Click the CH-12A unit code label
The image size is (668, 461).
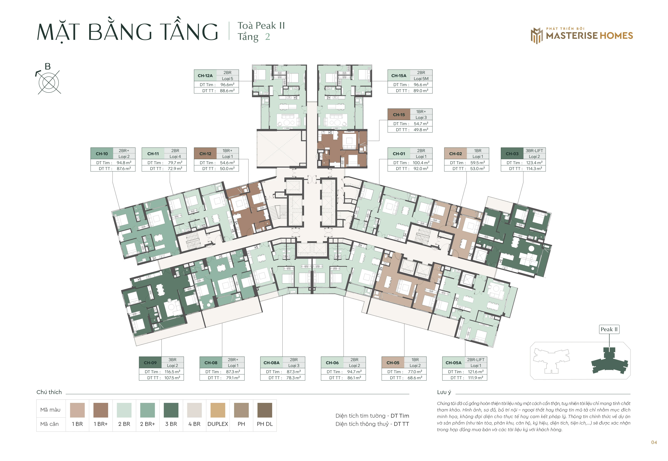205,76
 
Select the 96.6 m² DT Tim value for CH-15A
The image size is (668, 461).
421,85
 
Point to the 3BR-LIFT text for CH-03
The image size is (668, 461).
534,150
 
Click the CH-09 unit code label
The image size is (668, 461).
150,363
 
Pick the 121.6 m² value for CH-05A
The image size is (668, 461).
476,372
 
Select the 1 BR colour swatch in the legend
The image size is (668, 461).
77,410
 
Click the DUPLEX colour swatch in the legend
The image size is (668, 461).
218,410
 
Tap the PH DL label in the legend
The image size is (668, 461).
265,424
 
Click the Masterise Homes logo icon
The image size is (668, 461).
537,36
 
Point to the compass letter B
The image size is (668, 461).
48,66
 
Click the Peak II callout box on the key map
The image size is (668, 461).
609,329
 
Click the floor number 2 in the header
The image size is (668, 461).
268,37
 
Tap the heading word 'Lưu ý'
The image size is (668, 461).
444,392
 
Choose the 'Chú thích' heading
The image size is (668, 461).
49,392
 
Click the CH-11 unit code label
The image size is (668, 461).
153,154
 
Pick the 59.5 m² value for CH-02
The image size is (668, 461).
477,163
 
